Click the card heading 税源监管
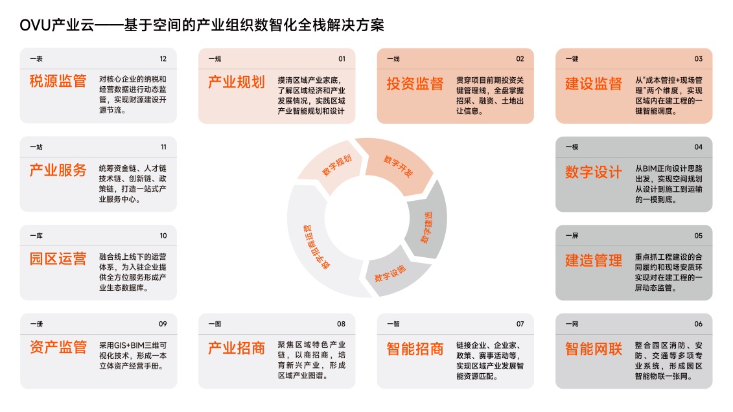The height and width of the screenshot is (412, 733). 58,81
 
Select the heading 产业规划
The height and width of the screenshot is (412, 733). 237,82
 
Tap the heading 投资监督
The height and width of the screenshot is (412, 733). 415,84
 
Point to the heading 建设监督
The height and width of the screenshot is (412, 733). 594,84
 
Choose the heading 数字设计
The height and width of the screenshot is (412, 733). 594,172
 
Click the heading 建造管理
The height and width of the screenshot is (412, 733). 594,260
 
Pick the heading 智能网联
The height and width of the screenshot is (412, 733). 594,349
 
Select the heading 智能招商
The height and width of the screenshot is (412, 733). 415,349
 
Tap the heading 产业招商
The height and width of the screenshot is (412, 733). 237,347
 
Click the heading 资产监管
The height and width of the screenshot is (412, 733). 58,347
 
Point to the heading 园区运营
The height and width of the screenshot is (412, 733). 58,258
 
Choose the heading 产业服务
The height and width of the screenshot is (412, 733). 58,170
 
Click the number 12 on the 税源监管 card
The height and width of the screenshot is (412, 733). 163,59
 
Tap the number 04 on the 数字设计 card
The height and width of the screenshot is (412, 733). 699,147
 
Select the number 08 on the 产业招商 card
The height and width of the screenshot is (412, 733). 342,324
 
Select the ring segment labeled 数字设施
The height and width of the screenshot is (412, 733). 393,273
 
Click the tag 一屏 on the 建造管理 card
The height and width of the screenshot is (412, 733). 572,235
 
